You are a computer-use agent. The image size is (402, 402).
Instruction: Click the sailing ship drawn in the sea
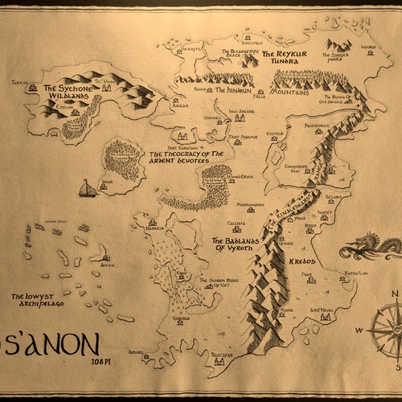87,190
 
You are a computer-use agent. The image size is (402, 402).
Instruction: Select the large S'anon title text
52,343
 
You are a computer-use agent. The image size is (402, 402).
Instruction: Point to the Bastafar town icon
219,361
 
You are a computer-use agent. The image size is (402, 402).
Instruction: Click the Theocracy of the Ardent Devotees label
187,157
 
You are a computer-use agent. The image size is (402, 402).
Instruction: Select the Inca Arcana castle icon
240,117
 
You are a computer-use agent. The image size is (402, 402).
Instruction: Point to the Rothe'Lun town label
356,274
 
